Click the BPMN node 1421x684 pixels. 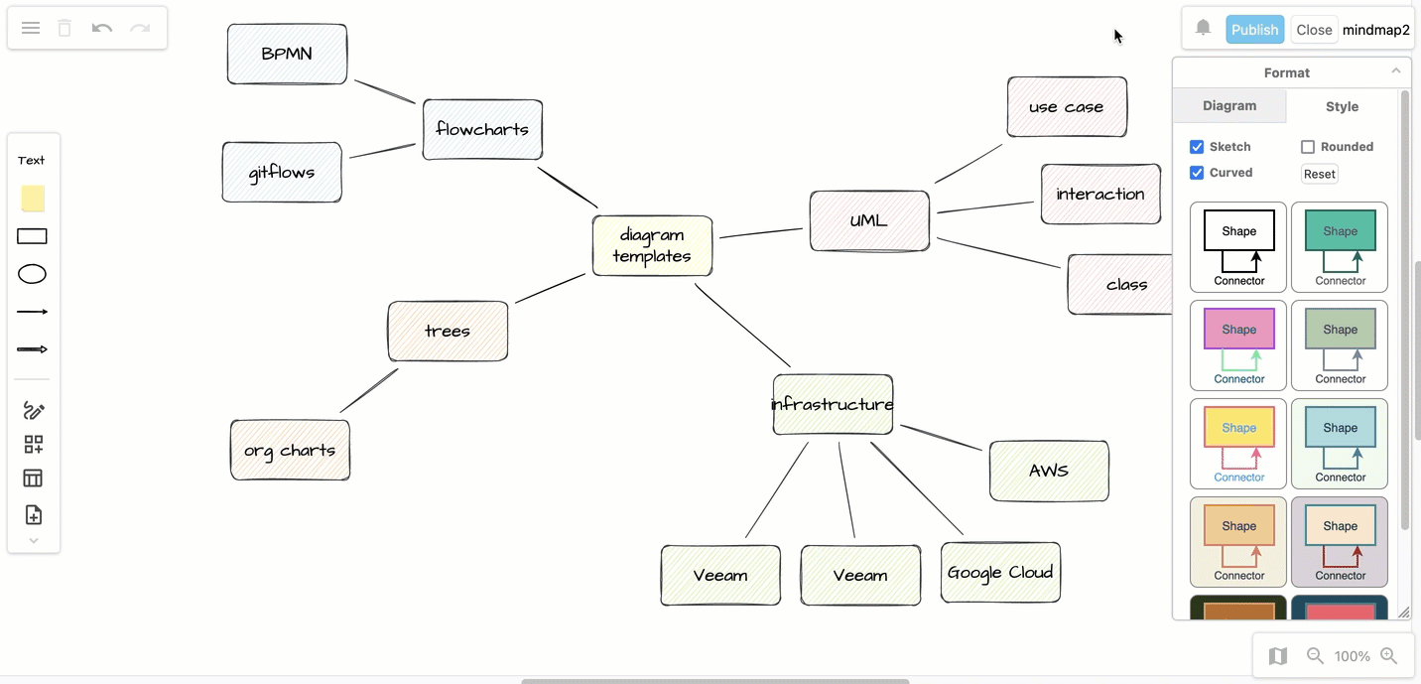point(287,54)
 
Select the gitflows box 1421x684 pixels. point(282,172)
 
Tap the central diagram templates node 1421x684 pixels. point(652,245)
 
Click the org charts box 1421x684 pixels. point(290,450)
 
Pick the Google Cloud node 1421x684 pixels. point(1000,572)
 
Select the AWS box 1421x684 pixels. point(1049,471)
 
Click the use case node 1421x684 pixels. point(1067,106)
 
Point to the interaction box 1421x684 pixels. point(1100,194)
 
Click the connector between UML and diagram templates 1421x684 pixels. point(761,233)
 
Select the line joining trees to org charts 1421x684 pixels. point(369,390)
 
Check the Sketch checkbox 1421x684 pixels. point(1197,147)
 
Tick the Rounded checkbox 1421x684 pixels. point(1308,147)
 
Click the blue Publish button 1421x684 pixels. point(1254,30)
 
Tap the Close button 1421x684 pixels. point(1314,30)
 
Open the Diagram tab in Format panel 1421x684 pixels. point(1229,106)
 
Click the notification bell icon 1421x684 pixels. point(1203,28)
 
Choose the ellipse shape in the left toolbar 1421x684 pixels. point(33,274)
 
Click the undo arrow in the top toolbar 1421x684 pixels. point(102,28)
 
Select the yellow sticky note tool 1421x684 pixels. point(33,199)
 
